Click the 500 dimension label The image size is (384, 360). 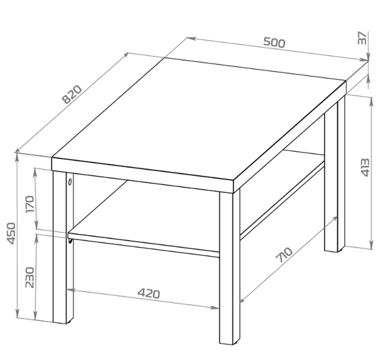tap(274, 43)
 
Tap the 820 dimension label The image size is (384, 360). tap(72, 94)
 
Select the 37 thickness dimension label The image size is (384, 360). tap(362, 38)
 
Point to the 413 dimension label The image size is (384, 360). tap(365, 167)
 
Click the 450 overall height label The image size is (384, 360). tap(11, 234)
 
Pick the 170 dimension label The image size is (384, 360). tap(30, 204)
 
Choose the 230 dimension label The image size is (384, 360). tap(30, 277)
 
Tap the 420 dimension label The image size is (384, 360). tap(149, 293)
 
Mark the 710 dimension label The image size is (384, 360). tap(284, 255)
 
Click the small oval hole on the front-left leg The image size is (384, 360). tap(70, 182)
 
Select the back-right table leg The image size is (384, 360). tap(335, 174)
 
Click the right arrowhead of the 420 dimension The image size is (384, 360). tap(215, 307)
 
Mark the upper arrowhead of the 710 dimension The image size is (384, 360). tap(335, 219)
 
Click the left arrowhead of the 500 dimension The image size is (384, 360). tap(191, 38)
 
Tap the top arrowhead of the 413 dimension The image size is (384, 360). tap(371, 101)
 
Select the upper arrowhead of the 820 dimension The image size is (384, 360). tap(125, 55)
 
